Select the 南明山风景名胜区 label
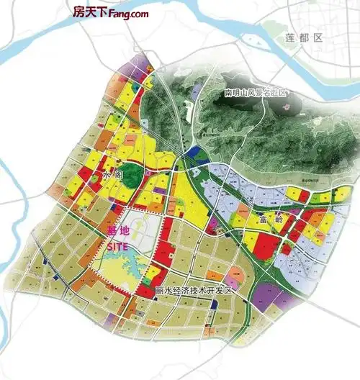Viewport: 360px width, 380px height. click(256, 94)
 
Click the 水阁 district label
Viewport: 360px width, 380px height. click(113, 175)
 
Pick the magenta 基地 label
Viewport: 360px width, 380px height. click(115, 232)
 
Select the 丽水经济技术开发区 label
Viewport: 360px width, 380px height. click(195, 291)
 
